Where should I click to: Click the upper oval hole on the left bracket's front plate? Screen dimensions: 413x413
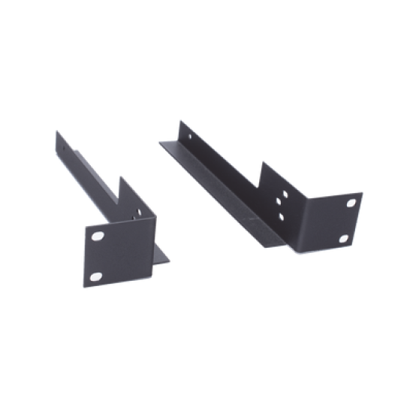[97, 235]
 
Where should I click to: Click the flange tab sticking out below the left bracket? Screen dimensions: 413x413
[163, 256]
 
